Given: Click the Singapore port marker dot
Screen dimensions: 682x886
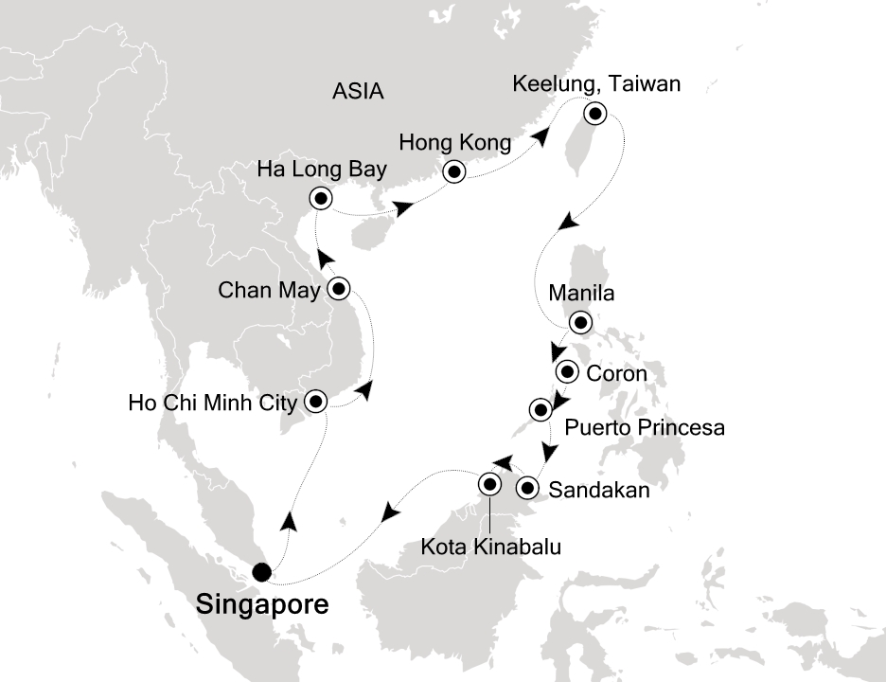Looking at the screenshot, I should [260, 572].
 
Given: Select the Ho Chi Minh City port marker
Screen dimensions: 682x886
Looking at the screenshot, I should [314, 402].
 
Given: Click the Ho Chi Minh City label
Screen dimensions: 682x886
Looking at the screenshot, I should [212, 403].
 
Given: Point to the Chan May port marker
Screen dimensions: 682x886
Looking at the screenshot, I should [339, 287].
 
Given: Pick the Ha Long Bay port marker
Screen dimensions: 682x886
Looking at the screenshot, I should [321, 198].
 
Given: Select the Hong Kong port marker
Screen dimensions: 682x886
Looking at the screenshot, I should [454, 172].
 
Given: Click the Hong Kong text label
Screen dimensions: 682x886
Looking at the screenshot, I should [455, 145].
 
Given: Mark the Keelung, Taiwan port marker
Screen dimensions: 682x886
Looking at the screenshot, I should [594, 115].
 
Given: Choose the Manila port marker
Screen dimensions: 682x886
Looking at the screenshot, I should [580, 321].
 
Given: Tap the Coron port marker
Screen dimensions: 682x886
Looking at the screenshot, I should [568, 371].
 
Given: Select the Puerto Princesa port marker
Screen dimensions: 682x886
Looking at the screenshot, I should [540, 409].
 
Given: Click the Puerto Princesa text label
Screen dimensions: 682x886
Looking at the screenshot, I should [645, 428].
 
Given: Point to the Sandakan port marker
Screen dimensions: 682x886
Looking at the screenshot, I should [528, 489].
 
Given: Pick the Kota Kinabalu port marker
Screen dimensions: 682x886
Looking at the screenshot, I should [489, 484].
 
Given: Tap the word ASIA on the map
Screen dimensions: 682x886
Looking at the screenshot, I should [359, 92].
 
